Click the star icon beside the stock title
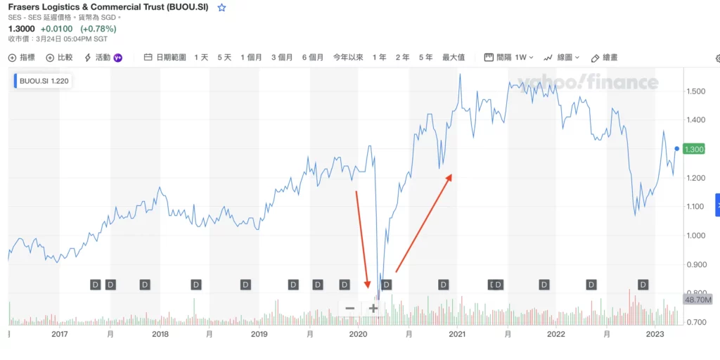click(x=221, y=8)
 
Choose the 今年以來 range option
click(x=348, y=58)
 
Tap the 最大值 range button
click(x=454, y=58)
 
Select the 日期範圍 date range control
click(x=165, y=58)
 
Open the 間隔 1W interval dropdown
click(x=509, y=58)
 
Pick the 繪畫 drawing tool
click(x=605, y=58)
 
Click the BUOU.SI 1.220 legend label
click(x=44, y=81)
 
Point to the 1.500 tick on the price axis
click(x=696, y=91)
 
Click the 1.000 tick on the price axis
click(x=696, y=236)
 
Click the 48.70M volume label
click(x=697, y=300)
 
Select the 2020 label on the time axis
click(x=358, y=335)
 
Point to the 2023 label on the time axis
click(x=655, y=335)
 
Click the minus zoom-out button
click(x=349, y=308)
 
